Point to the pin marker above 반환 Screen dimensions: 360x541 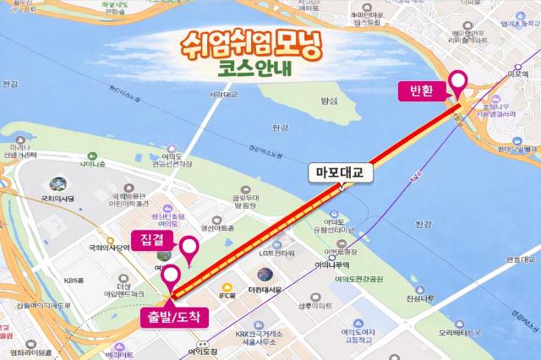(459, 83)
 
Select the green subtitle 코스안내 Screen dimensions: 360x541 (251, 71)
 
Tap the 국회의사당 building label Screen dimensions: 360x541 (58, 198)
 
